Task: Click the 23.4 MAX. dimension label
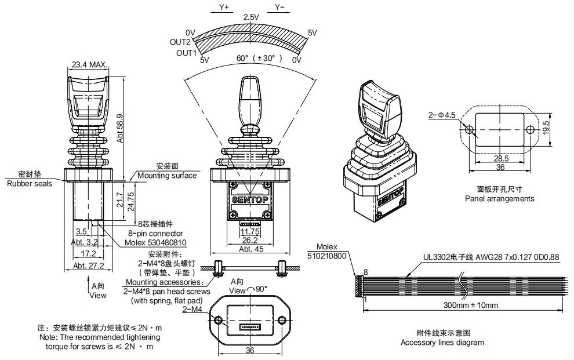coord(89,65)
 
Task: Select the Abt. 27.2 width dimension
coord(88,266)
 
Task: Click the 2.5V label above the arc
coord(251,17)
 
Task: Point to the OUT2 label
coord(180,42)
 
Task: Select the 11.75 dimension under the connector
coord(250,231)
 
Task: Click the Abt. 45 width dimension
coord(250,249)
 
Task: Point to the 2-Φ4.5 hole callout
coord(442,115)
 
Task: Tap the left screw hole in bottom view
coord(219,320)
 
